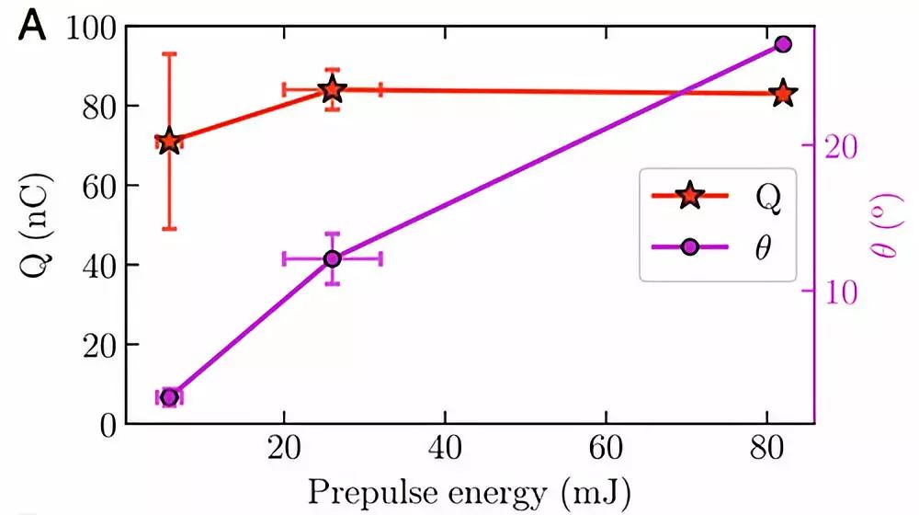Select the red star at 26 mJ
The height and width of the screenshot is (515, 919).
[x=333, y=90]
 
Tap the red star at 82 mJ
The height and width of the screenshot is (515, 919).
[x=783, y=94]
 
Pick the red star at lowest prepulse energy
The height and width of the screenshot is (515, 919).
[x=169, y=143]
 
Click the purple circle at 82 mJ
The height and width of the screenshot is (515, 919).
[x=783, y=44]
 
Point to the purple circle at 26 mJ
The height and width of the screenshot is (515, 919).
[x=333, y=259]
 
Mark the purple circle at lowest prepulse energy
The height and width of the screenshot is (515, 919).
[x=169, y=397]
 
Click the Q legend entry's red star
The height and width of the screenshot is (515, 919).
[x=688, y=196]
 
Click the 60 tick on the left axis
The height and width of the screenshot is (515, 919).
[x=97, y=186]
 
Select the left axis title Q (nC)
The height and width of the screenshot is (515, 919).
[x=34, y=225]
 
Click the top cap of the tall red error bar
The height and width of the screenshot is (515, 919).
[x=169, y=53]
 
